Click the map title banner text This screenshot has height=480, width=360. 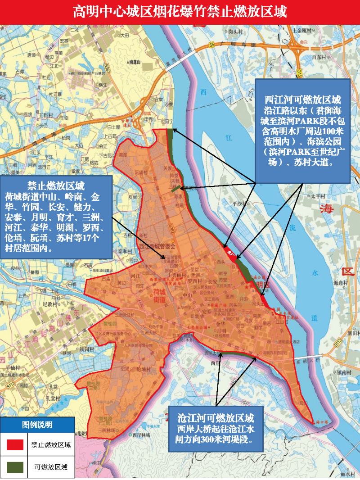[180, 11]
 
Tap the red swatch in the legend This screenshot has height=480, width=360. [15, 444]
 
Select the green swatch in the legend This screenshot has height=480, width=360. [15, 467]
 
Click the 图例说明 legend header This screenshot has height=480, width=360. [37, 425]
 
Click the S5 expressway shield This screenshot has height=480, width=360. [211, 45]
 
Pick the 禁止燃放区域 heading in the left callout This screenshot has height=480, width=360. [56, 186]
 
